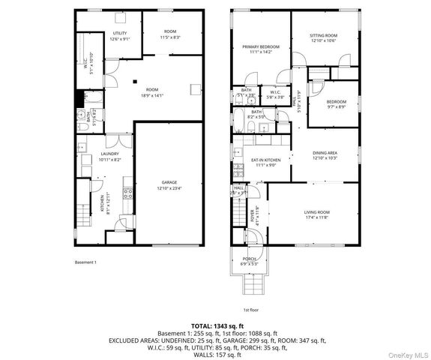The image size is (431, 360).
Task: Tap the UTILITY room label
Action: tap(120, 34)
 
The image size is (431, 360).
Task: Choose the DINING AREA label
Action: tap(325, 153)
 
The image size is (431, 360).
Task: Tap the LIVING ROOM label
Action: tap(317, 212)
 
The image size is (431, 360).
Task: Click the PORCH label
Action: tap(248, 259)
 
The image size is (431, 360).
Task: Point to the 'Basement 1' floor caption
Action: tap(85, 262)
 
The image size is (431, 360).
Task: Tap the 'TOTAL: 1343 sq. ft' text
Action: tap(215, 324)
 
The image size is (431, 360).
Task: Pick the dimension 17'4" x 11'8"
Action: tap(317, 217)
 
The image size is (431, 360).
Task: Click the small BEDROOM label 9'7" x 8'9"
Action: tap(336, 102)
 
